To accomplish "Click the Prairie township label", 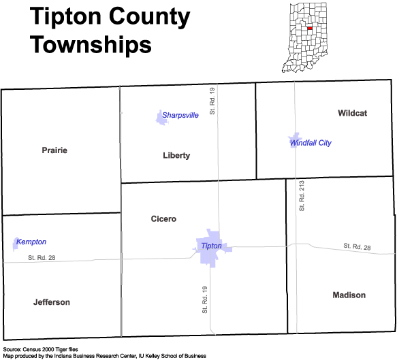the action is click(54, 150).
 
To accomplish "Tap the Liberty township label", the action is click(176, 155).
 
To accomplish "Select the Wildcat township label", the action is click(353, 113).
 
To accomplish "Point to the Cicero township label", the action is click(163, 219).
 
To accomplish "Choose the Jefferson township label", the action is click(52, 302).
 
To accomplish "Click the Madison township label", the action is click(349, 295).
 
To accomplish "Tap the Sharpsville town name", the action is click(180, 116).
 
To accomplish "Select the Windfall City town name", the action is click(311, 143).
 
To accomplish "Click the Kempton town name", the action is click(31, 242).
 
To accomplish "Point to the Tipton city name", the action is click(211, 246).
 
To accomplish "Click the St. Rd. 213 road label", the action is click(302, 196).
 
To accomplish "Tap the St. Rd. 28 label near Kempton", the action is click(42, 258).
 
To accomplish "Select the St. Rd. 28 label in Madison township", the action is click(357, 246).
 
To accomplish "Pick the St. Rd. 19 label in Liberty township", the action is click(212, 101).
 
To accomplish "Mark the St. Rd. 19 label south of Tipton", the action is click(204, 300).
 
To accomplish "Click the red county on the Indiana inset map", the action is click(310, 29).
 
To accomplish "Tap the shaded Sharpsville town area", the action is click(161, 118).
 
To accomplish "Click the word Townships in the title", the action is click(91, 45).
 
